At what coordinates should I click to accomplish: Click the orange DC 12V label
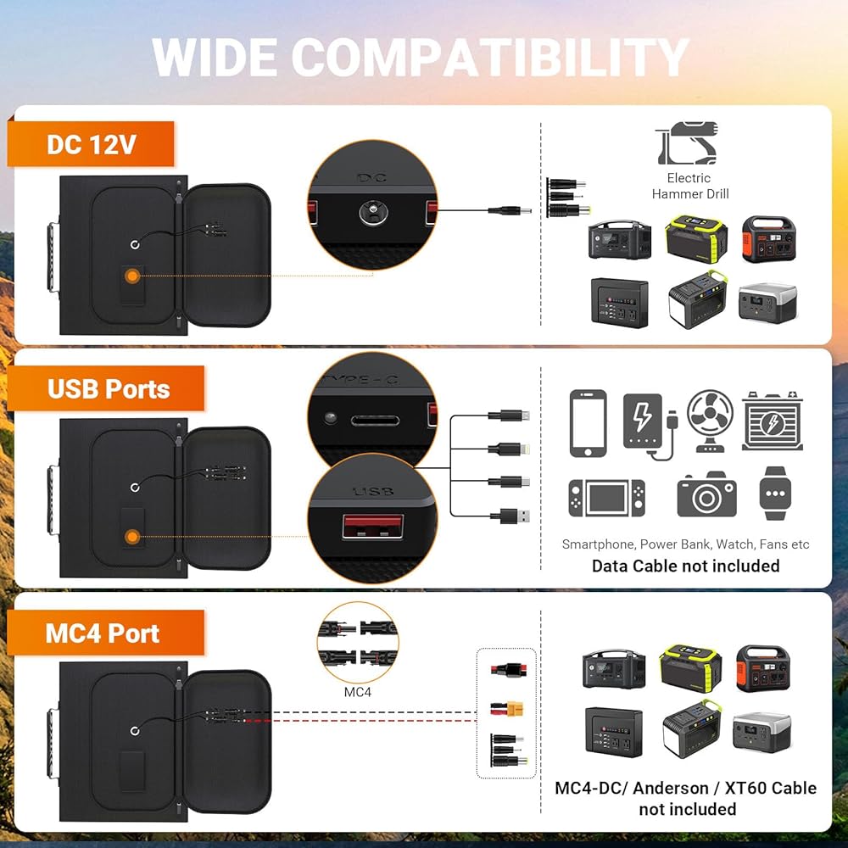tap(91, 144)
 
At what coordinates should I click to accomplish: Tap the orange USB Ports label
tap(109, 389)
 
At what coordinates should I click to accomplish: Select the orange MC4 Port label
tap(103, 633)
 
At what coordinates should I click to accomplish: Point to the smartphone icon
tap(588, 423)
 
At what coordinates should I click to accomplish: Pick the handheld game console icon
tap(605, 498)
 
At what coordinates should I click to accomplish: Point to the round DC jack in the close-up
tap(370, 212)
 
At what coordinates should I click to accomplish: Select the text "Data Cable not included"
tap(685, 566)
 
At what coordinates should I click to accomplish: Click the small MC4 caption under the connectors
tap(357, 692)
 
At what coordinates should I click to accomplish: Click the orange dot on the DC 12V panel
tap(133, 276)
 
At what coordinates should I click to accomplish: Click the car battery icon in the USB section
tap(772, 421)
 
